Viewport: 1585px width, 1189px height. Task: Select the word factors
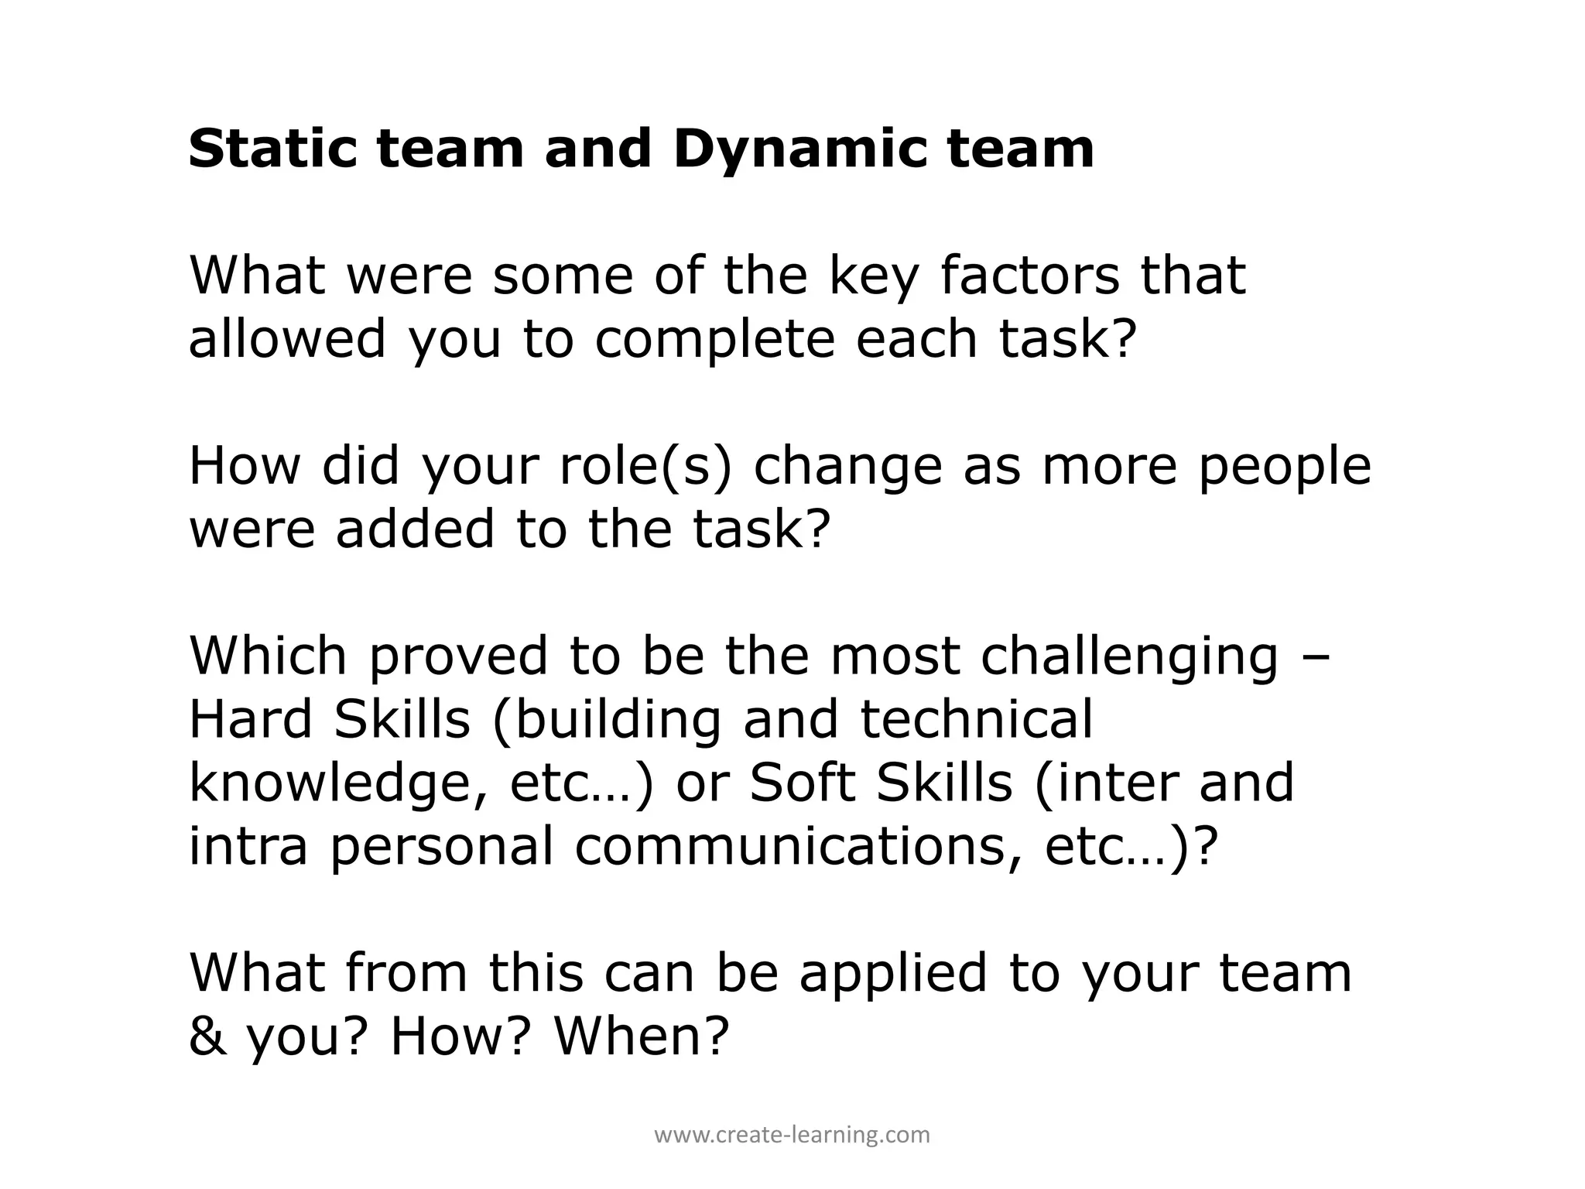point(1029,276)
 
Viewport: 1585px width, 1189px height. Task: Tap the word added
point(415,529)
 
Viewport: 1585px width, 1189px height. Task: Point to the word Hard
point(250,719)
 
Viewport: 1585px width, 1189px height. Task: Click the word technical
point(977,719)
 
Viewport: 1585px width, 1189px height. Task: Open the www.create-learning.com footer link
point(792,1136)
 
